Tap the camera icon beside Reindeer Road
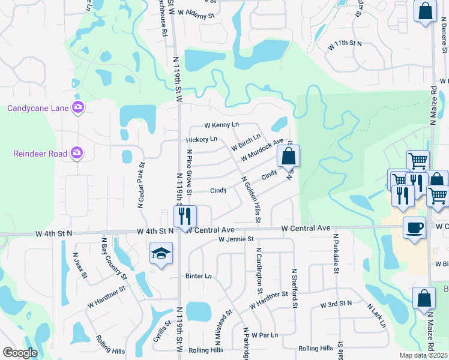point(77,154)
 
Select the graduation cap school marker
point(161,254)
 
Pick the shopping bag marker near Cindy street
point(288,157)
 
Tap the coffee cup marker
point(414,228)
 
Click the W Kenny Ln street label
point(221,125)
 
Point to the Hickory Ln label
point(201,139)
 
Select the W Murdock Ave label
point(262,150)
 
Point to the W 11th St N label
point(345,44)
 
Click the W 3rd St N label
point(336,305)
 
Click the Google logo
point(19,353)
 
